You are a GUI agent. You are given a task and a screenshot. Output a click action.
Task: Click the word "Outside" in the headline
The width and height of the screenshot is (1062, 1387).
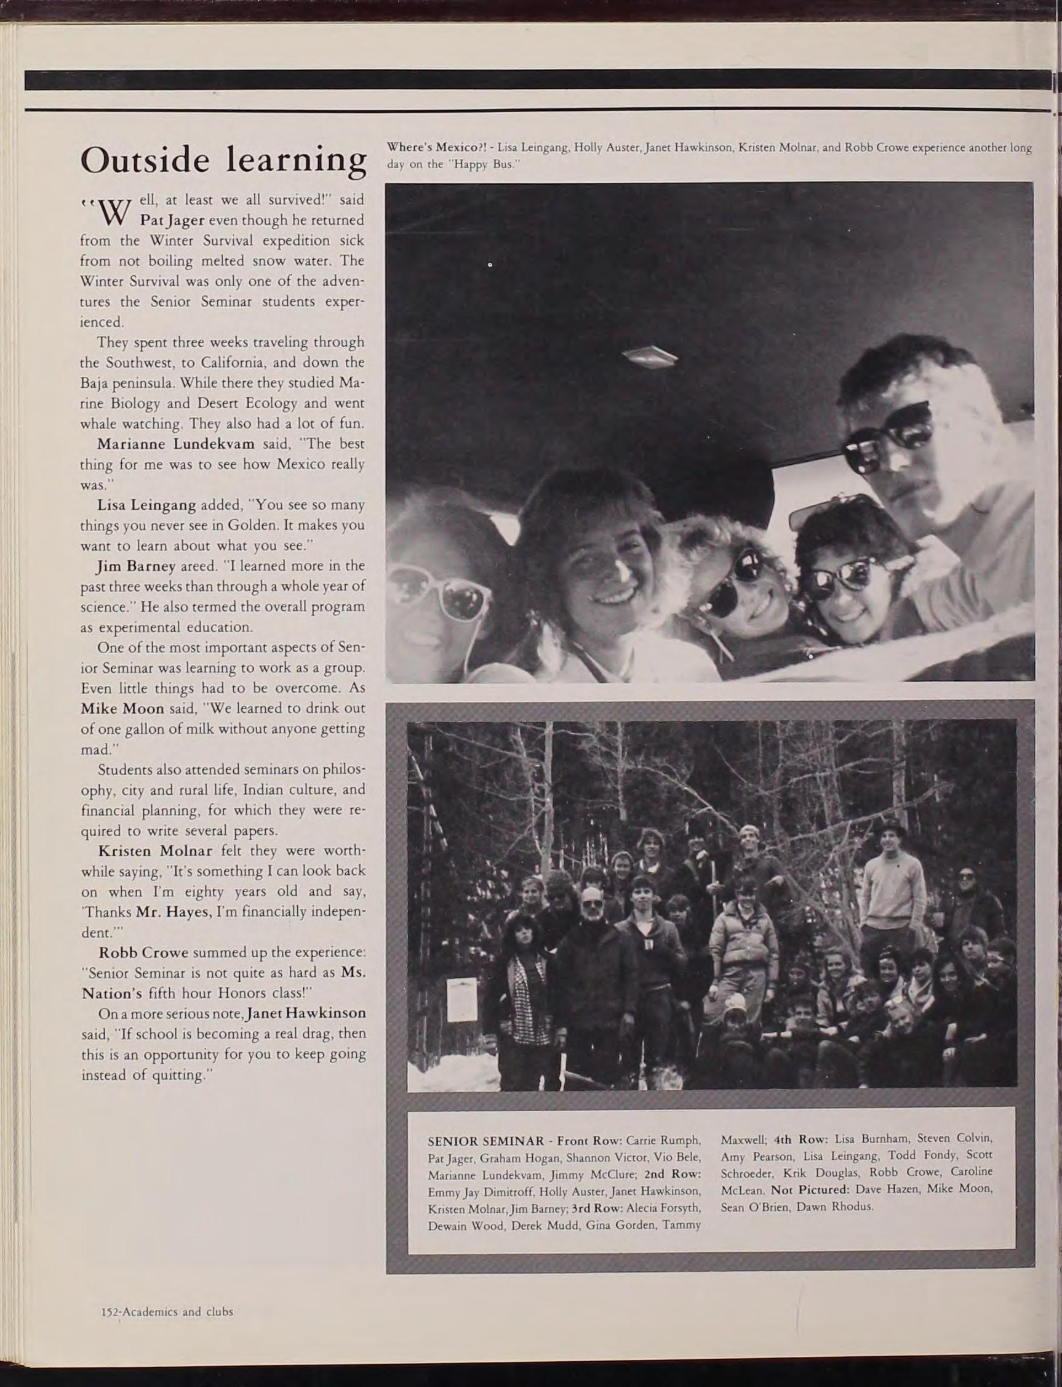click(145, 160)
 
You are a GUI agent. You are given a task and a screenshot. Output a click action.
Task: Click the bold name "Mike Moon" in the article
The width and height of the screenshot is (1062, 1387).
click(122, 709)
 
